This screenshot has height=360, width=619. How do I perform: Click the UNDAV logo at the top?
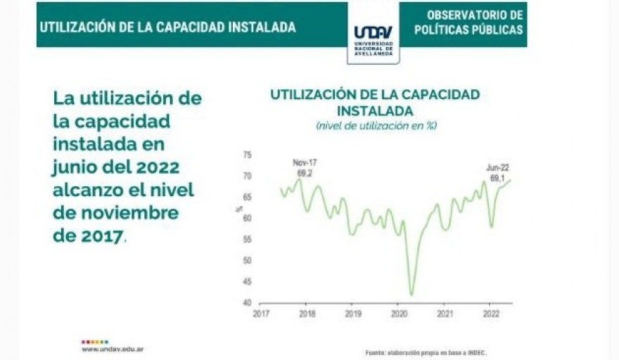374,34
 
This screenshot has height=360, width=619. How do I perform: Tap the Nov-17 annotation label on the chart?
305,162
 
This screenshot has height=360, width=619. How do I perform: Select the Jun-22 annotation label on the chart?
497,167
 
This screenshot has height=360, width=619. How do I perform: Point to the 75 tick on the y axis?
246,154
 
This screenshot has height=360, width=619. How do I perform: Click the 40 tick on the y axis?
246,303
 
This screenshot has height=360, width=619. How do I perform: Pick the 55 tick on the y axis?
246,239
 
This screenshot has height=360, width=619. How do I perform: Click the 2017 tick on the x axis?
261,314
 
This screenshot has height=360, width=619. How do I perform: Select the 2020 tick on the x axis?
399,314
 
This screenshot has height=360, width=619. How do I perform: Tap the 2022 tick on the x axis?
490,314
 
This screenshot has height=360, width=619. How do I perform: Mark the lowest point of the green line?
411,295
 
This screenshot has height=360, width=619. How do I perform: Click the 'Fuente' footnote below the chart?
425,352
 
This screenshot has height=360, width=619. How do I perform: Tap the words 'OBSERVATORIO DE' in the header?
475,15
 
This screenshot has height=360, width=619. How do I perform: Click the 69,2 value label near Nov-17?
305,172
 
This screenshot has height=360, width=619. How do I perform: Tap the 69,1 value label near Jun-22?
497,178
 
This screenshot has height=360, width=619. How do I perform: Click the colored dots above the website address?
94,342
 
